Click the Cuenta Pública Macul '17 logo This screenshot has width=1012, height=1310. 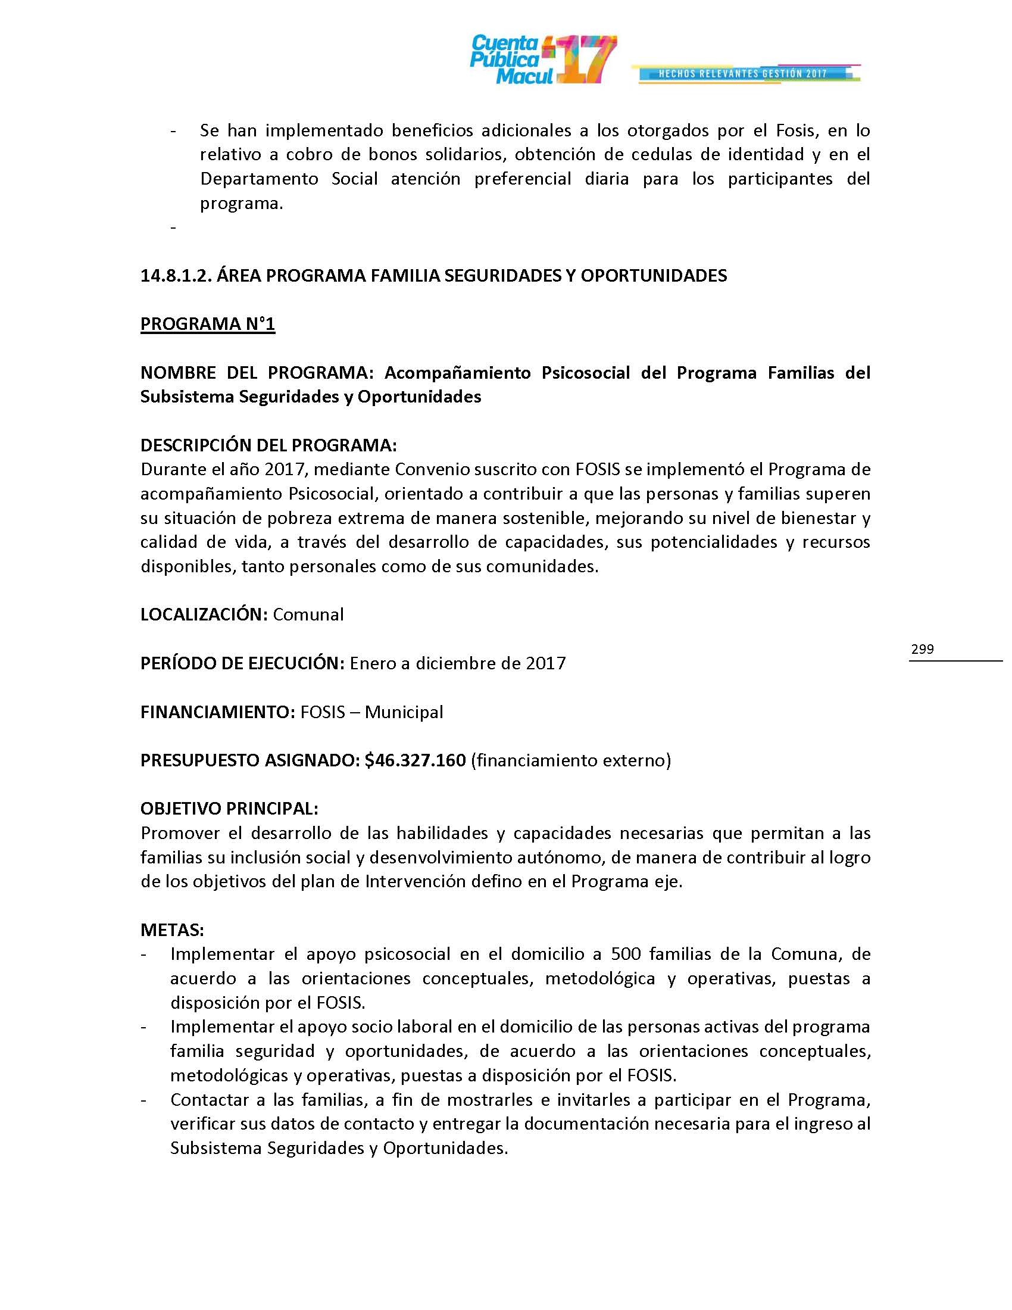[x=542, y=60]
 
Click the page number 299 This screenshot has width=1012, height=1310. [x=922, y=649]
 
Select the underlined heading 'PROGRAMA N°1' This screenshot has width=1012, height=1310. [x=207, y=324]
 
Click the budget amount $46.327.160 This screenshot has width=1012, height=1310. [x=415, y=760]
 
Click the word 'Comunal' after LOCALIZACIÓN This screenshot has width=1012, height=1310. [x=308, y=615]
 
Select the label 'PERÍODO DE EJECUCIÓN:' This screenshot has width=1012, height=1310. [x=242, y=663]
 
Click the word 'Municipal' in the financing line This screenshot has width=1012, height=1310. [x=404, y=712]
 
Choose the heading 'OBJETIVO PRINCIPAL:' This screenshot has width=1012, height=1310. [x=229, y=809]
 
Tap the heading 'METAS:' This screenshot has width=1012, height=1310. [x=172, y=930]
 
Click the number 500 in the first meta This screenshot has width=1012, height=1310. [x=626, y=954]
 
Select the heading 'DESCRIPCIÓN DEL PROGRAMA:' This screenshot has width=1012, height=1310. [x=268, y=445]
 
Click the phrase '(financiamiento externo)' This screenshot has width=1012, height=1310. [x=571, y=760]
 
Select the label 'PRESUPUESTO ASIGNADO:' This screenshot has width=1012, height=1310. [x=249, y=760]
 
